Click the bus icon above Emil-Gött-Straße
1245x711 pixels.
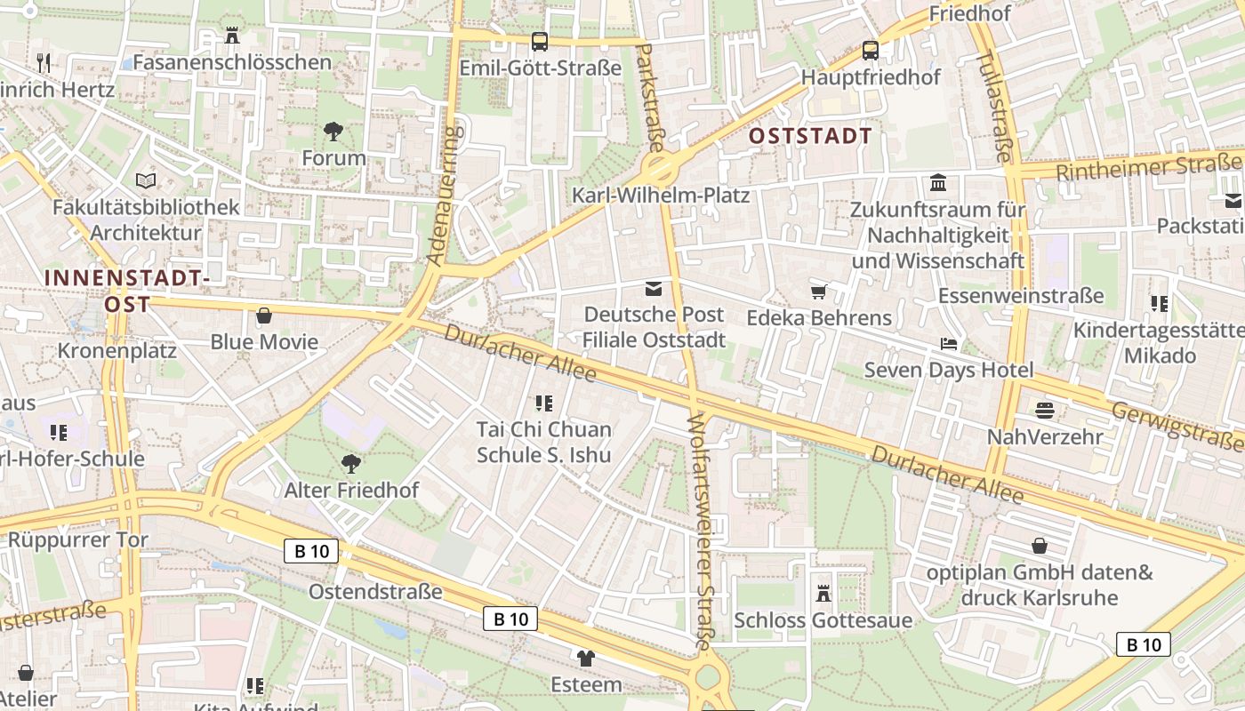pos(539,41)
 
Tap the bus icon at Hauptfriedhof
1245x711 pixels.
pos(870,51)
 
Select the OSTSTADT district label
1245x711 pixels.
pos(810,136)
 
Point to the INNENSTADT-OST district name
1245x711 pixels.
pos(126,291)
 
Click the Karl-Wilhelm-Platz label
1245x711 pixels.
pos(661,195)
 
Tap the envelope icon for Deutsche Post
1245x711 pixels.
pos(654,288)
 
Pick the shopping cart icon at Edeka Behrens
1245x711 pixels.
pos(818,292)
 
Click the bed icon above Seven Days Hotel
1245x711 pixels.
pos(949,343)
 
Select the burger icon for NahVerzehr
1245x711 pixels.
pos(1044,410)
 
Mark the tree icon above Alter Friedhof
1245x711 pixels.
pos(350,463)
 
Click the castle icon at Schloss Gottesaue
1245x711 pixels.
pos(823,593)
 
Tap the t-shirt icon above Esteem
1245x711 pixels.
pos(585,659)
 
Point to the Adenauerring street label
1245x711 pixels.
pos(445,196)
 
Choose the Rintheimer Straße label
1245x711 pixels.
pos(1147,166)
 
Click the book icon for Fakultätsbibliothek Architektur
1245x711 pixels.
pos(146,180)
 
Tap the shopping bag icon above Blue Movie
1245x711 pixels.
pos(264,316)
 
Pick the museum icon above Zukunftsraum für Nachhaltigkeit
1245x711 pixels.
pos(937,183)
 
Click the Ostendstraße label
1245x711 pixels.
pos(375,591)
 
